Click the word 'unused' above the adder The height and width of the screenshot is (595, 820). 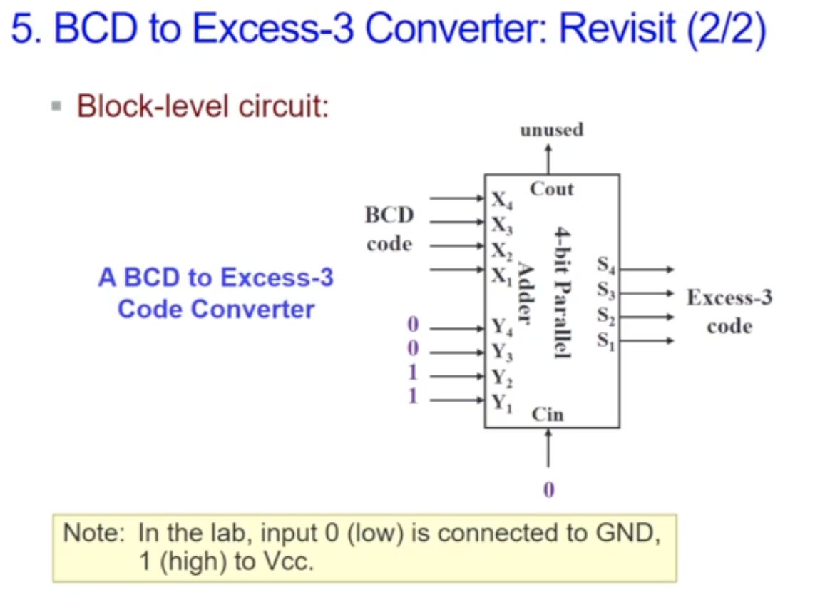[551, 130]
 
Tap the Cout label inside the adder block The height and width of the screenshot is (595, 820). [551, 189]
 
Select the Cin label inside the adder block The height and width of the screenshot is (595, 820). [548, 414]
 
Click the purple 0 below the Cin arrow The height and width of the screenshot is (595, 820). [548, 490]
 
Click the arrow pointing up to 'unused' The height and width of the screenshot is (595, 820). [548, 157]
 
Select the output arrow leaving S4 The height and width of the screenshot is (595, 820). [647, 270]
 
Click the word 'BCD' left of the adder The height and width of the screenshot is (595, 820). [389, 215]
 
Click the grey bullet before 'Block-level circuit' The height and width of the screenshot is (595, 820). [56, 107]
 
